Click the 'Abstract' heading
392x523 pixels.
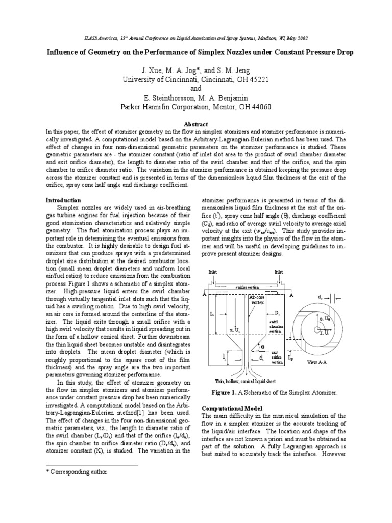point(195,124)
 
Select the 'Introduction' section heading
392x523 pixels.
point(64,200)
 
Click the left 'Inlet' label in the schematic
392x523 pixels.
point(213,272)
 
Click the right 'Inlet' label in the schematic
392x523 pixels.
point(279,272)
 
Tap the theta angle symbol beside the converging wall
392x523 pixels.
point(262,346)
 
